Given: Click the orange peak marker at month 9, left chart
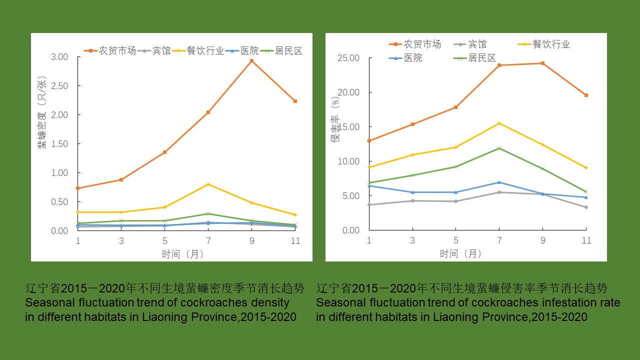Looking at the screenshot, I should [252, 60].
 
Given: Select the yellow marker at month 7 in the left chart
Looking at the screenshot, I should [208, 184].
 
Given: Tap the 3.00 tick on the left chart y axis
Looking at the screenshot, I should [60, 57].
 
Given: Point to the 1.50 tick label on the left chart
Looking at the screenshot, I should [60, 144].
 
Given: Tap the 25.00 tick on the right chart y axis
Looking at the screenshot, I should [348, 58].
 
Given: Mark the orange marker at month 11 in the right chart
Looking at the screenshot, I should [586, 95].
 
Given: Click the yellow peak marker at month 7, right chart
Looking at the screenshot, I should [499, 123].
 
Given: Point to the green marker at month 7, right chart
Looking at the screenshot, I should [499, 148].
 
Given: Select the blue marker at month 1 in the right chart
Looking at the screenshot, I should [369, 186].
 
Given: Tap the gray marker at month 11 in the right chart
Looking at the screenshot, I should [586, 207].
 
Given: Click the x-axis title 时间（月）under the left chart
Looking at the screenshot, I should [182, 254].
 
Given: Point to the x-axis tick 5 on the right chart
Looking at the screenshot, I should [455, 240].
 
